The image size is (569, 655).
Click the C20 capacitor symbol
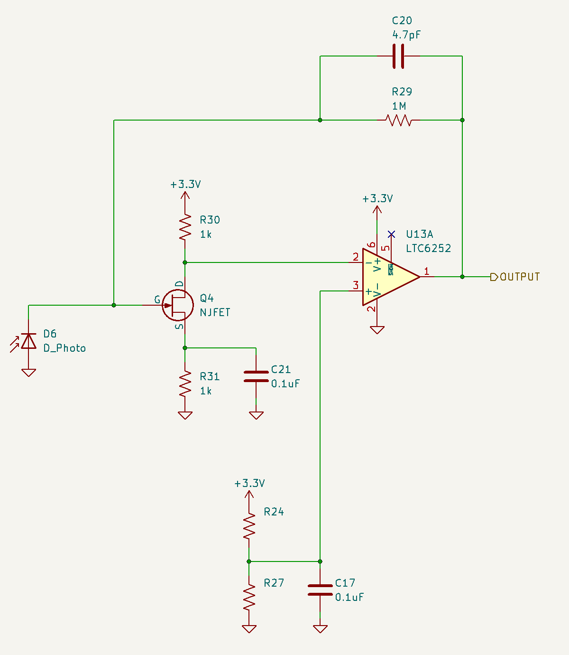pyautogui.click(x=399, y=56)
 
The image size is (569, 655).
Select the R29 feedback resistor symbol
pyautogui.click(x=399, y=120)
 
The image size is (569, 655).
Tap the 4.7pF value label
pyautogui.click(x=406, y=35)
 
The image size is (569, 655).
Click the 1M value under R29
pyautogui.click(x=399, y=106)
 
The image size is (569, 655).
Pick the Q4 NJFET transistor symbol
pyautogui.click(x=177, y=305)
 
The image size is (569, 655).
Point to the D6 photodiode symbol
pyautogui.click(x=29, y=341)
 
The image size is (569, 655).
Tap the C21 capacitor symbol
pyautogui.click(x=256, y=376)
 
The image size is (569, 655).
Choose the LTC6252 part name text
pyautogui.click(x=428, y=248)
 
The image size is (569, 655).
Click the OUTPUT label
pyautogui.click(x=519, y=277)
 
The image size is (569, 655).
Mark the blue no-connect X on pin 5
pyautogui.click(x=391, y=234)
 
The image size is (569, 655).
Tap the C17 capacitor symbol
pyautogui.click(x=320, y=590)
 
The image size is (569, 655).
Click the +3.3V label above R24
pyautogui.click(x=249, y=483)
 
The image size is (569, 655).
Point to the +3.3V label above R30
pyautogui.click(x=185, y=184)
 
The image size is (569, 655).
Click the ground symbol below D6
pyautogui.click(x=29, y=372)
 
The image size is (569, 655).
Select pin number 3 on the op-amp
pyautogui.click(x=356, y=285)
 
